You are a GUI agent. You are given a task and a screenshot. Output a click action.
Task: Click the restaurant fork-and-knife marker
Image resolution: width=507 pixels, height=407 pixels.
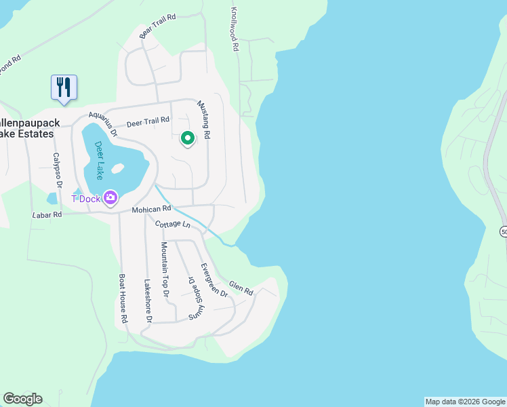(64, 88)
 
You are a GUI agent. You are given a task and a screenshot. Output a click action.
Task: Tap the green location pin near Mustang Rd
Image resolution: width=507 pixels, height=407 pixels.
(188, 138)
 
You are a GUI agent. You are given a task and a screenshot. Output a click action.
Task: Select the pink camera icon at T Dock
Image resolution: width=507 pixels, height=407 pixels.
(109, 198)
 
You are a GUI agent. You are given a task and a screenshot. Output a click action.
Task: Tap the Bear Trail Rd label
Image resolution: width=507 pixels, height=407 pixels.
(157, 25)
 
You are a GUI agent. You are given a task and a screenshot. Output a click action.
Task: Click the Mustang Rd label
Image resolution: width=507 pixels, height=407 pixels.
(203, 120)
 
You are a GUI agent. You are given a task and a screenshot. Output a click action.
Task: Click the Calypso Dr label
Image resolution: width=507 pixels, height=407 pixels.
(57, 170)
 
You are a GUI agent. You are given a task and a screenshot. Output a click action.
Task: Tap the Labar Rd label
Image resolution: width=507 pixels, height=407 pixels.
(47, 214)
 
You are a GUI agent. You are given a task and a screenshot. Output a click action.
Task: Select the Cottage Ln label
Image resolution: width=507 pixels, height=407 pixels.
(171, 225)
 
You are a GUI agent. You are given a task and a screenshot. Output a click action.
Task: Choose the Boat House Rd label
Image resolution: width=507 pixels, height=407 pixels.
(123, 298)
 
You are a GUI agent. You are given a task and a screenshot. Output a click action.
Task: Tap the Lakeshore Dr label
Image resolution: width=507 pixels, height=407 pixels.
(148, 299)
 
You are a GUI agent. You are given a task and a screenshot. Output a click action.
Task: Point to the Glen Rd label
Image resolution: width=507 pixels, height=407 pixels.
(241, 288)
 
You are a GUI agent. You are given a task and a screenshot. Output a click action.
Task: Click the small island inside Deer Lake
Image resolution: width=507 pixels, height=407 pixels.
(117, 168)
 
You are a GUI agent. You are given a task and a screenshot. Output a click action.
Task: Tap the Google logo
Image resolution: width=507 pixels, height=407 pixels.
(22, 399)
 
